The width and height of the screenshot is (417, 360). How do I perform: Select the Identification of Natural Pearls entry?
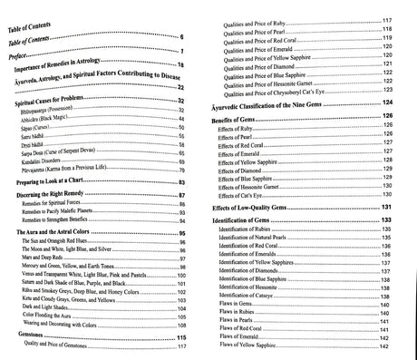tap(276, 240)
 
